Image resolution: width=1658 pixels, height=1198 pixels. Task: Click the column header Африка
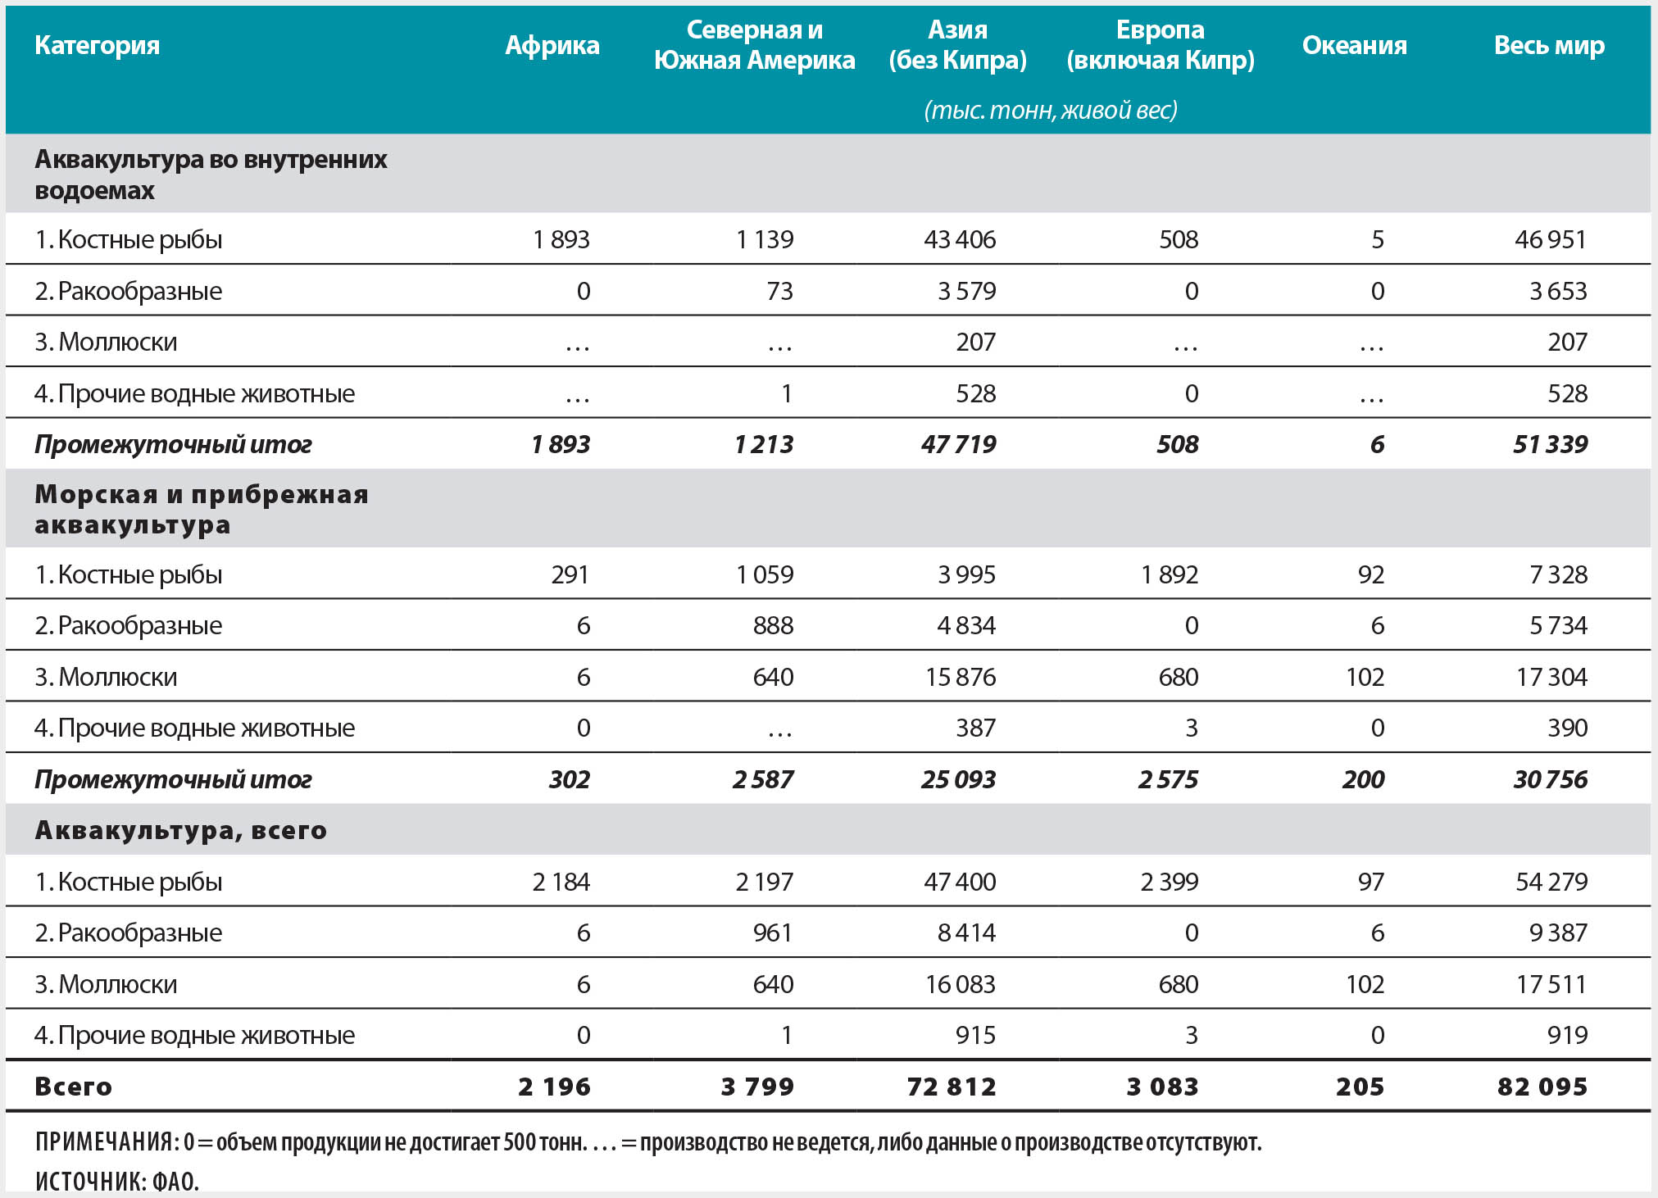tap(552, 45)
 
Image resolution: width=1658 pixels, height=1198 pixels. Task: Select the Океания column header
tap(1354, 45)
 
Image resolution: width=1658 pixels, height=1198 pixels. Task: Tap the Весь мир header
tap(1548, 45)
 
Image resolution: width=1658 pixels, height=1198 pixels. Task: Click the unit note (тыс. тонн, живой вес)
tap(1050, 110)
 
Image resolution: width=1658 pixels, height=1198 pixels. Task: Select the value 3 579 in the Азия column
tap(966, 291)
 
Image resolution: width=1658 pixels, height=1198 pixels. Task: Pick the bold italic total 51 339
tap(1550, 444)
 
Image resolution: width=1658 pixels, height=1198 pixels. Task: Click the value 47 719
tap(958, 444)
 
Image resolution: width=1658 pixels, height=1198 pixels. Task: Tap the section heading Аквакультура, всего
tap(181, 830)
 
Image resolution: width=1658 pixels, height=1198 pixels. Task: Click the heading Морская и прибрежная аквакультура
tap(202, 509)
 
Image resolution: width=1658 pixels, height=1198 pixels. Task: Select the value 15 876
tap(960, 677)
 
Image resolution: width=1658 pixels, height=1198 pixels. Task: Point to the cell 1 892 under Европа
tap(1170, 574)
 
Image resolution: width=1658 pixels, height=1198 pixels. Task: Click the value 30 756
tap(1550, 779)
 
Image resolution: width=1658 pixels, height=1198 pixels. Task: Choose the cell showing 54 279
tap(1551, 882)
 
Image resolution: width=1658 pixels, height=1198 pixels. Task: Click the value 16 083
tap(960, 984)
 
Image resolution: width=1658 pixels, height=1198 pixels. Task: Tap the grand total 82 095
tap(1542, 1087)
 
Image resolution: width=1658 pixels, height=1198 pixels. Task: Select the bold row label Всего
tap(73, 1087)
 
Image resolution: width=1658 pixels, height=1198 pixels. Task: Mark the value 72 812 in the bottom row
tap(952, 1087)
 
